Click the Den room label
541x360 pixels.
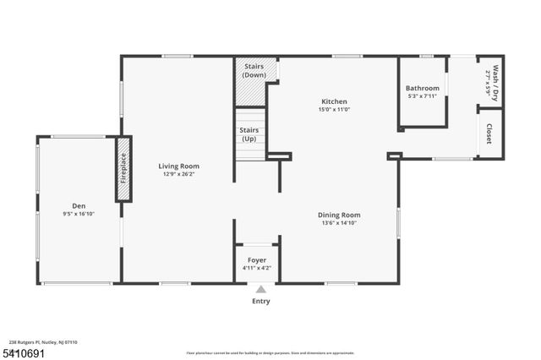click(79, 205)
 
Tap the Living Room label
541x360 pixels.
click(178, 166)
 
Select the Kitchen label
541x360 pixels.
click(334, 101)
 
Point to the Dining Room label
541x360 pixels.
click(339, 215)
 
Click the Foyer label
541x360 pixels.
click(256, 259)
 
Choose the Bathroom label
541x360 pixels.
click(422, 88)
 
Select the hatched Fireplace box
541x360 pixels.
click(123, 169)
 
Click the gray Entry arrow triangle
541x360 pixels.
click(260, 290)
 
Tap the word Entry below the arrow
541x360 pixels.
click(260, 301)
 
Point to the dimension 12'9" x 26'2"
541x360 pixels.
click(178, 174)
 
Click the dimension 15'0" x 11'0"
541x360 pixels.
click(334, 109)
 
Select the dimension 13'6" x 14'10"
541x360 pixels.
click(339, 223)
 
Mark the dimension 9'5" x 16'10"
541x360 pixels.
click(79, 214)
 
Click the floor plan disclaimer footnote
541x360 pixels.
click(270, 352)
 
